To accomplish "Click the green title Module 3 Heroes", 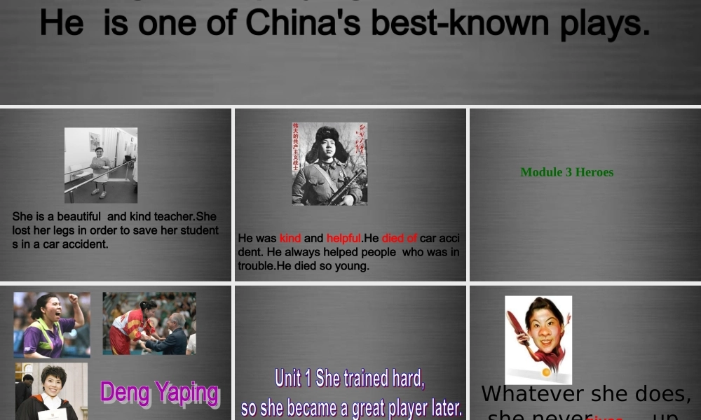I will click(566, 172).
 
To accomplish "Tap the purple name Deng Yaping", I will click(159, 393).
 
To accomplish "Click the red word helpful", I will click(343, 238).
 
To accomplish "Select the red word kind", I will click(290, 238).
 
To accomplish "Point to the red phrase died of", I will click(400, 238).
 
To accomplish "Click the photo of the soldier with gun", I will click(329, 164).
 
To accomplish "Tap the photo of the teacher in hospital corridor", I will click(101, 165).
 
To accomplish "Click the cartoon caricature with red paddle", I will click(538, 339).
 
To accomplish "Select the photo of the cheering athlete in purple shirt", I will click(52, 325).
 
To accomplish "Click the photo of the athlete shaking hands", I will click(149, 323).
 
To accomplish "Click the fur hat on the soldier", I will click(327, 134).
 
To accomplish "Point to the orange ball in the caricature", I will click(546, 372).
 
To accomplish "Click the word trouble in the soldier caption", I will click(256, 266).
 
